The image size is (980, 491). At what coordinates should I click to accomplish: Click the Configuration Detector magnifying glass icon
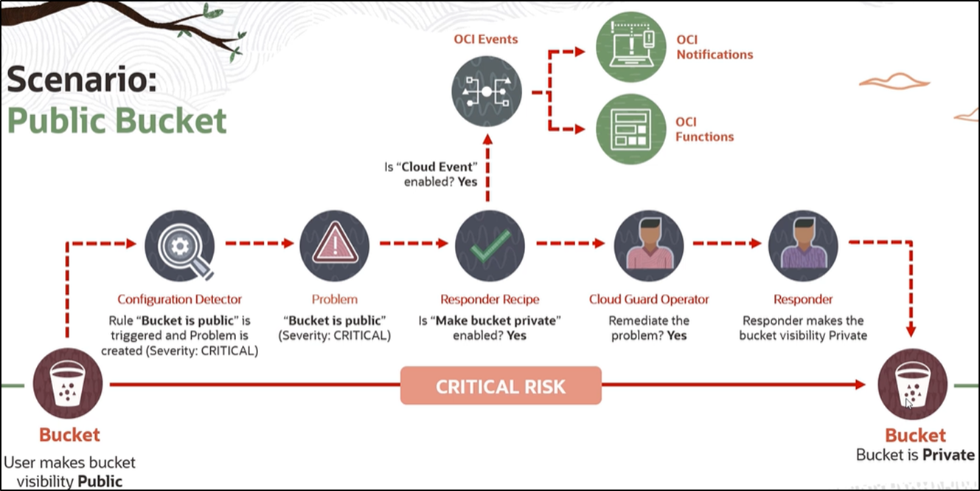click(x=179, y=245)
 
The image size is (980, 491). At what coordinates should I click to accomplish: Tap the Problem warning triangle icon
click(x=334, y=245)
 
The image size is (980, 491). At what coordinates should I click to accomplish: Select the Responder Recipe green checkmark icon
click(x=490, y=245)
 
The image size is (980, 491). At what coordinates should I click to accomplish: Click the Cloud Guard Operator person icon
click(x=649, y=245)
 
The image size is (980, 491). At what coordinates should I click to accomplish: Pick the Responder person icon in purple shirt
click(x=803, y=245)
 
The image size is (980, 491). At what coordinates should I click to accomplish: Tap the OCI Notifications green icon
click(x=630, y=47)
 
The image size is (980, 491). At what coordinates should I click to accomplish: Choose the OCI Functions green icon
click(x=630, y=128)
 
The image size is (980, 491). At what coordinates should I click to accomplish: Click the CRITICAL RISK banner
click(x=501, y=386)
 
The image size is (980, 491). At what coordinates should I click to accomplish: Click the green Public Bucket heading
click(x=117, y=120)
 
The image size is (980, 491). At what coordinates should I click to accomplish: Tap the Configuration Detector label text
click(x=179, y=299)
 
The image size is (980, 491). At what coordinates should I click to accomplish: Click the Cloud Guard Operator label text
click(x=649, y=299)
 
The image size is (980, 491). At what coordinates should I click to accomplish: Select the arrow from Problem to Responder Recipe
click(x=413, y=242)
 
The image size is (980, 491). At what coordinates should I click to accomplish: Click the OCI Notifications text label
click(x=714, y=47)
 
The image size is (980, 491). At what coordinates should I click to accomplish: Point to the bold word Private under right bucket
click(x=948, y=455)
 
